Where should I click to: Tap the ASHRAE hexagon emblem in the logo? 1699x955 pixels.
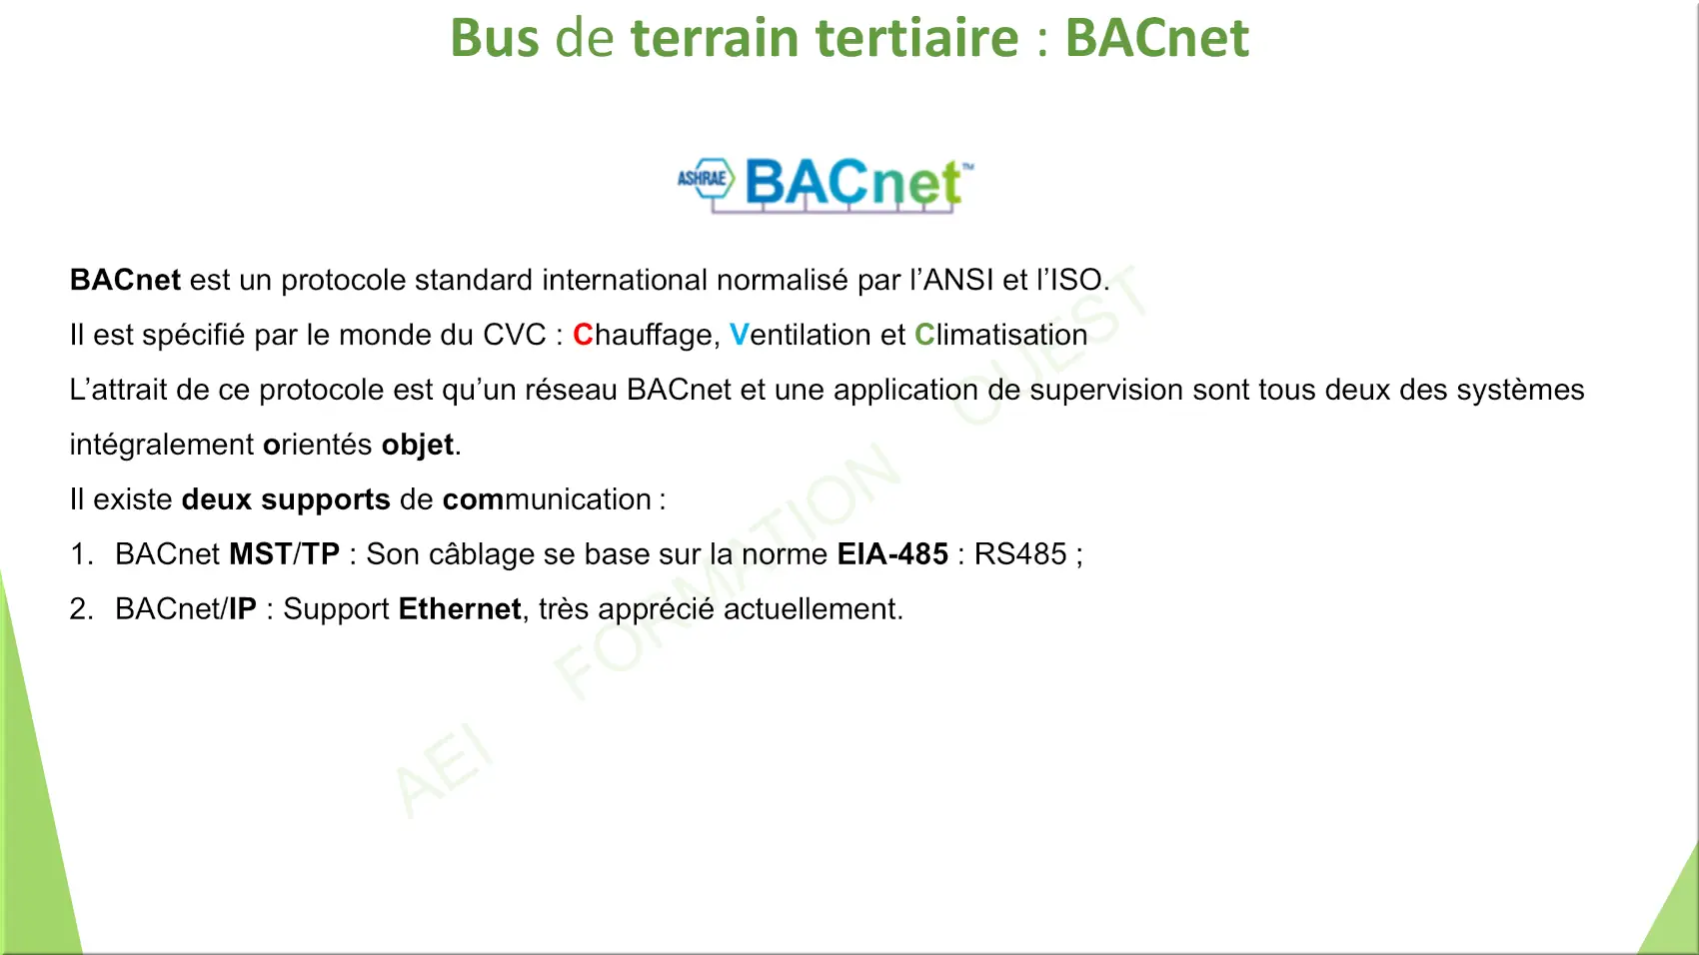point(707,178)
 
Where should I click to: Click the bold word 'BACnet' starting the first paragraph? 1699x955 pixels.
point(125,280)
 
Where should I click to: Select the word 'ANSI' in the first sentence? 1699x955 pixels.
point(958,280)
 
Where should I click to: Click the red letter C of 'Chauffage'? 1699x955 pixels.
point(583,335)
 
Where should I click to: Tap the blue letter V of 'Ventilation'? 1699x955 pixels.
point(739,335)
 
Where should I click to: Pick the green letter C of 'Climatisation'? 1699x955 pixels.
point(924,335)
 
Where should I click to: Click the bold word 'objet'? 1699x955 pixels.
point(418,445)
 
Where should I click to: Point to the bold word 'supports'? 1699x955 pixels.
point(326,500)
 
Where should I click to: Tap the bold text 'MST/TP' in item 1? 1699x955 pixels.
point(285,554)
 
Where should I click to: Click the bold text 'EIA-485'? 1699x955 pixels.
point(892,554)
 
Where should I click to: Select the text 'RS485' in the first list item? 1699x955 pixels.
point(1020,554)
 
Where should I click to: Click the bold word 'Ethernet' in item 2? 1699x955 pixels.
point(460,609)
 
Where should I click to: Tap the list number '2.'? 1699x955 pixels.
point(81,609)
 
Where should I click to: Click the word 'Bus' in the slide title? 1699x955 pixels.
point(495,37)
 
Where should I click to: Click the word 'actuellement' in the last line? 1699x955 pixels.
point(811,609)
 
